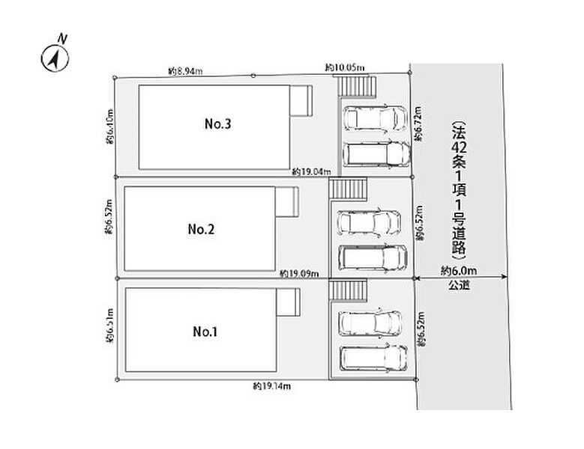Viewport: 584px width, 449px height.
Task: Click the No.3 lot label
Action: click(218, 123)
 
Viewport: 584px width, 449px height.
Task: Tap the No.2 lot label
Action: click(201, 229)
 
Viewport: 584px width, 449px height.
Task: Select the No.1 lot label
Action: click(205, 332)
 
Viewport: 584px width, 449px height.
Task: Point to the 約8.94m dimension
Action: click(185, 71)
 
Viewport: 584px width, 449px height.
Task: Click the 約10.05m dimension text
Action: click(345, 67)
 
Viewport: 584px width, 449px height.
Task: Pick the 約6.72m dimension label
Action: click(418, 123)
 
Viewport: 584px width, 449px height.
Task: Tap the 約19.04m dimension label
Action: click(311, 171)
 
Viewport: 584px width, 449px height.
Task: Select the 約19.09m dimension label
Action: click(299, 274)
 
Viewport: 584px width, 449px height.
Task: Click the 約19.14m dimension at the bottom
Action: click(271, 386)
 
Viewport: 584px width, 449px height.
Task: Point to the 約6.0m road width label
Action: click(459, 271)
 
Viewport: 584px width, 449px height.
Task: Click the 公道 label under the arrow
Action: click(459, 285)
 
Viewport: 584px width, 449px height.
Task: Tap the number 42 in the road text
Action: click(459, 147)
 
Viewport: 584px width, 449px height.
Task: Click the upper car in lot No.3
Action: click(375, 118)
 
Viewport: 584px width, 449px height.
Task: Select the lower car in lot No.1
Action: click(373, 358)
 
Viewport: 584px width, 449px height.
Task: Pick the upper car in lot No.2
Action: click(369, 223)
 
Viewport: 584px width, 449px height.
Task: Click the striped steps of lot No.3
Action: click(357, 86)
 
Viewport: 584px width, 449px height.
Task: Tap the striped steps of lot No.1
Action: click(348, 290)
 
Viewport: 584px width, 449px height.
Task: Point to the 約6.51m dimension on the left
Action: click(109, 326)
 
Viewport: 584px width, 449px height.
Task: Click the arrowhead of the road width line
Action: click(504, 277)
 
